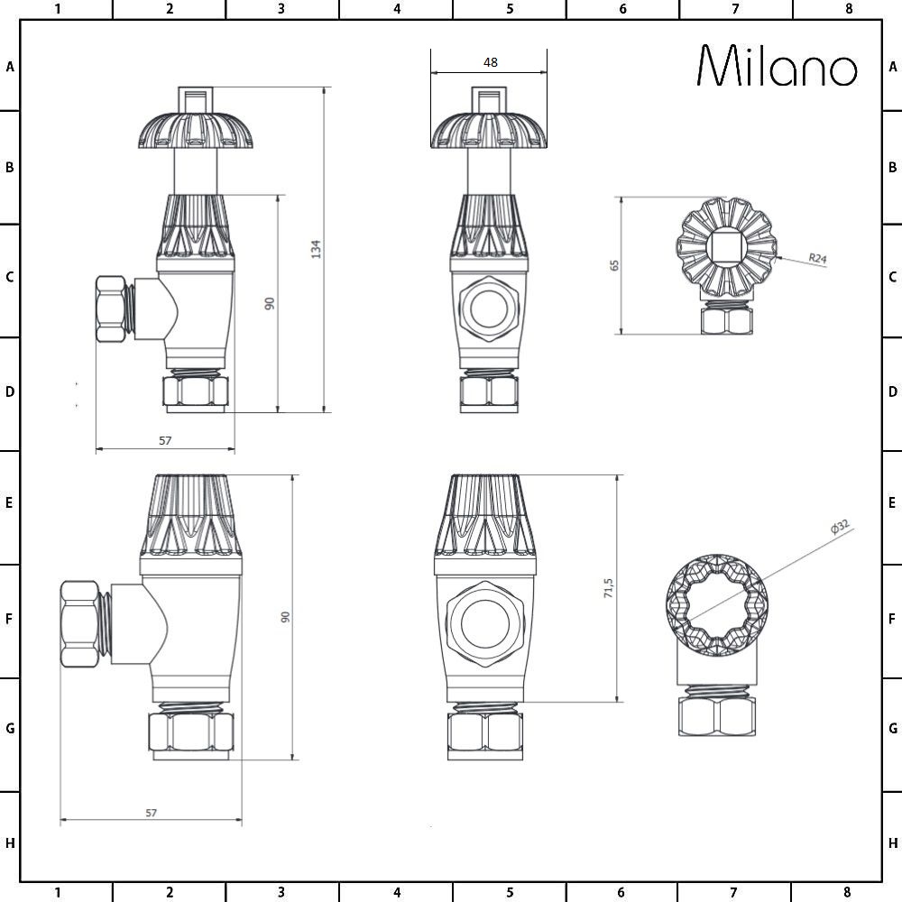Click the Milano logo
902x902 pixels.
pos(778,67)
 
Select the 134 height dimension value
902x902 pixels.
pos(316,250)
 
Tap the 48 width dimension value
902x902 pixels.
pos(490,62)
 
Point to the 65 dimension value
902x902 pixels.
pos(615,265)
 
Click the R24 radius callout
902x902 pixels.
pos(817,259)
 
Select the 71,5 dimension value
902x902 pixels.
pos(609,588)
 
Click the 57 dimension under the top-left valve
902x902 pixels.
pos(164,440)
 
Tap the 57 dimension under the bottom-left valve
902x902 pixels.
pos(151,813)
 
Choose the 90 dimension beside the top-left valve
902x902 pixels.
pos(269,303)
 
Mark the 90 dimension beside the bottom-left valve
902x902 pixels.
pos(285,617)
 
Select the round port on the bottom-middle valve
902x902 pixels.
pos(487,623)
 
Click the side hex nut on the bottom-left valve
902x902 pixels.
pos(83,624)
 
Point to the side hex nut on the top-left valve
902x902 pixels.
pos(112,308)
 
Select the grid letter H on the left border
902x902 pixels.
pos(9,843)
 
